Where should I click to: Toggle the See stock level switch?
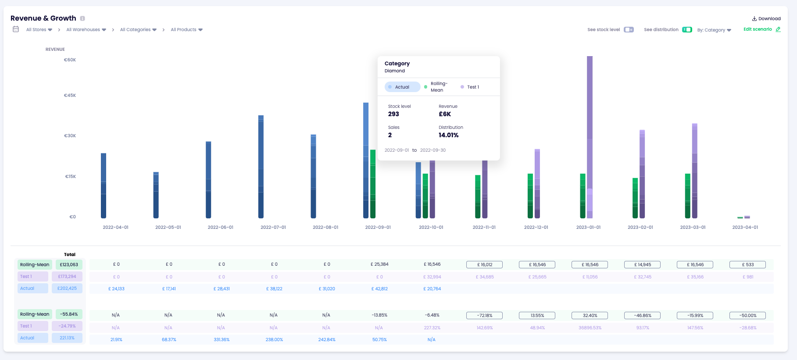[x=629, y=30]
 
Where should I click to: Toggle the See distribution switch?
[x=687, y=30]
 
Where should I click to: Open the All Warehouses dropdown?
[x=86, y=30]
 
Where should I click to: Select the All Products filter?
[x=186, y=30]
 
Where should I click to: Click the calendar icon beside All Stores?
[x=16, y=29]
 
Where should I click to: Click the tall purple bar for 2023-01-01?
[x=590, y=132]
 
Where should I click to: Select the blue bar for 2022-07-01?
[x=261, y=167]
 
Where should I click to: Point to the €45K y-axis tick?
[x=70, y=95]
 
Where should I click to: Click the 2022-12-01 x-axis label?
[x=536, y=227]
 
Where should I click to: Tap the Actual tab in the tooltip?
[x=402, y=87]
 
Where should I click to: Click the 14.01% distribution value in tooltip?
[x=448, y=135]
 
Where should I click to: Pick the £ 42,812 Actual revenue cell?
[x=379, y=289]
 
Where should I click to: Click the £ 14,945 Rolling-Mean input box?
[x=642, y=264]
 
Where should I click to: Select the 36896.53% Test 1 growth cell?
[x=590, y=328]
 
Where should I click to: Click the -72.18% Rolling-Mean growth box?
[x=484, y=315]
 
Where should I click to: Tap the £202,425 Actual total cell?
[x=67, y=288]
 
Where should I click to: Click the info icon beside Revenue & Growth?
[x=82, y=18]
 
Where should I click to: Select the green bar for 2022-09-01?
[x=373, y=184]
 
